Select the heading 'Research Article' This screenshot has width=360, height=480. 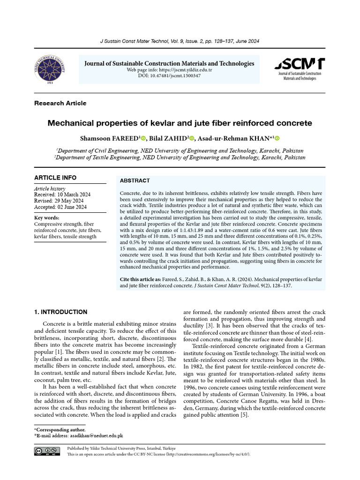[x=60, y=103]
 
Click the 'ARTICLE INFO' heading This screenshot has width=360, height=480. [x=55, y=178]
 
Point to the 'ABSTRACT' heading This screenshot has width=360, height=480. [x=135, y=180]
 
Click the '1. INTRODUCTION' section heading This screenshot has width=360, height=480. [x=61, y=312]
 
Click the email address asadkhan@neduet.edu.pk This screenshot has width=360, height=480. [x=97, y=435]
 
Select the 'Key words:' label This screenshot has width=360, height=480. [x=47, y=218]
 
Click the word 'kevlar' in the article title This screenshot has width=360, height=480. [x=161, y=123]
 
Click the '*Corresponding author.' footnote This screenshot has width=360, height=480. [x=60, y=429]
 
